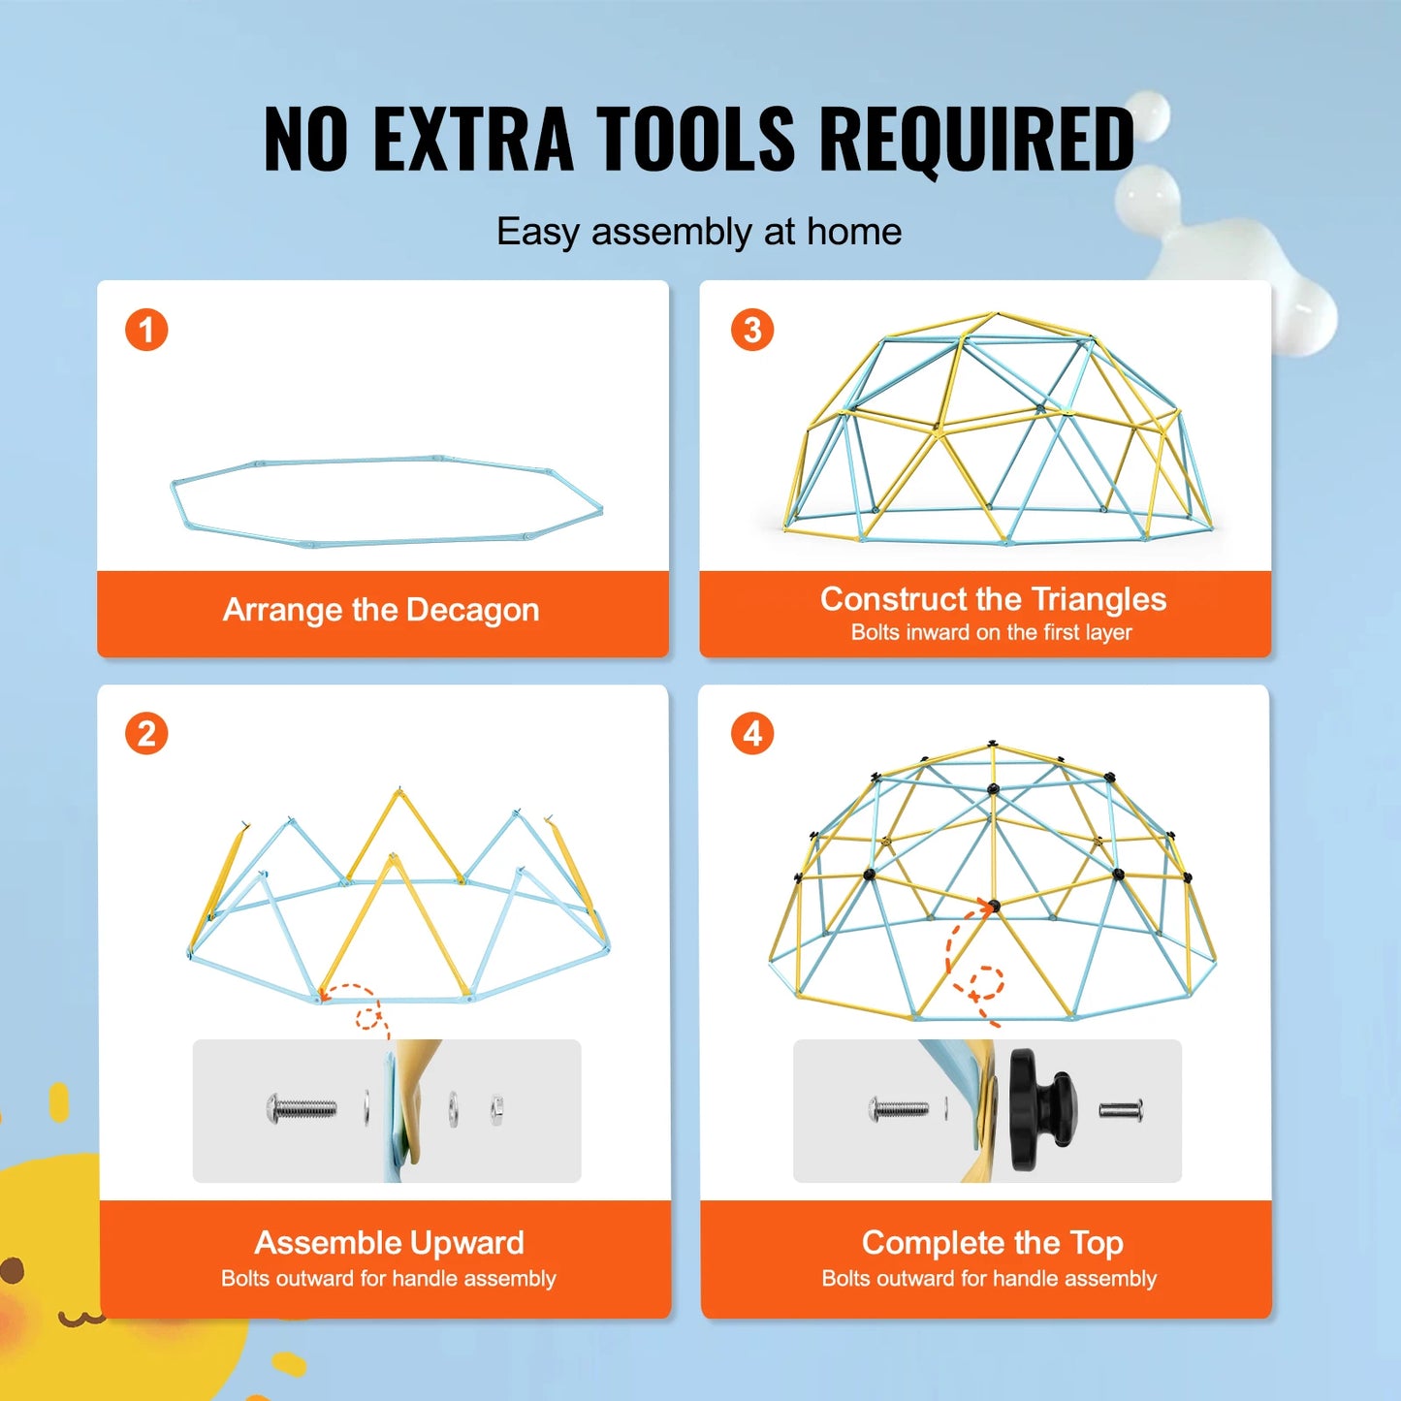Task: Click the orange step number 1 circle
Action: pos(146,330)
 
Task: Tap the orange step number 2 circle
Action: pos(146,734)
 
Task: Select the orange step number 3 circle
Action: pos(752,330)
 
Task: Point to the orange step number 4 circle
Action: pos(752,734)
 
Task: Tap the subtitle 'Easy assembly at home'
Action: pos(699,232)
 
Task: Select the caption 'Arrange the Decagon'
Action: pos(381,610)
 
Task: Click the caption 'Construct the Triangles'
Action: pos(993,599)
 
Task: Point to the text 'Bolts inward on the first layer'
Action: pos(991,632)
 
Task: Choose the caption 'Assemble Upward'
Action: pos(389,1242)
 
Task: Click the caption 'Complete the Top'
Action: pos(992,1242)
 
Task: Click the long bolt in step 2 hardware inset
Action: pos(302,1107)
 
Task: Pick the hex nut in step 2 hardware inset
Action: pos(496,1105)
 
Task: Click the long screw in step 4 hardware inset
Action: pos(899,1108)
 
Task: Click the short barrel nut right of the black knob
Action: pos(1121,1108)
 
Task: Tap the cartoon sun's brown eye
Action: pos(12,1270)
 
